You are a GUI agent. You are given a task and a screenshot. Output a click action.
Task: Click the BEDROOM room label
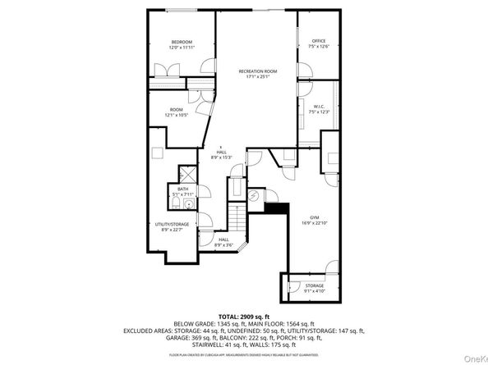click(x=182, y=42)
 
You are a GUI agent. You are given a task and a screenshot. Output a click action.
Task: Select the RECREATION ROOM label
click(x=258, y=71)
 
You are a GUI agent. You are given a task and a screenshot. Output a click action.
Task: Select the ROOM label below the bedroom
click(x=177, y=110)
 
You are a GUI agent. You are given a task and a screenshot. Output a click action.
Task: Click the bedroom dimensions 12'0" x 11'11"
click(x=182, y=48)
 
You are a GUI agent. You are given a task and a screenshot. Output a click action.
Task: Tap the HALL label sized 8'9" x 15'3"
click(x=222, y=152)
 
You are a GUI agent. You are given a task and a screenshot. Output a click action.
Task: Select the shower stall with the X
click(x=186, y=174)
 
